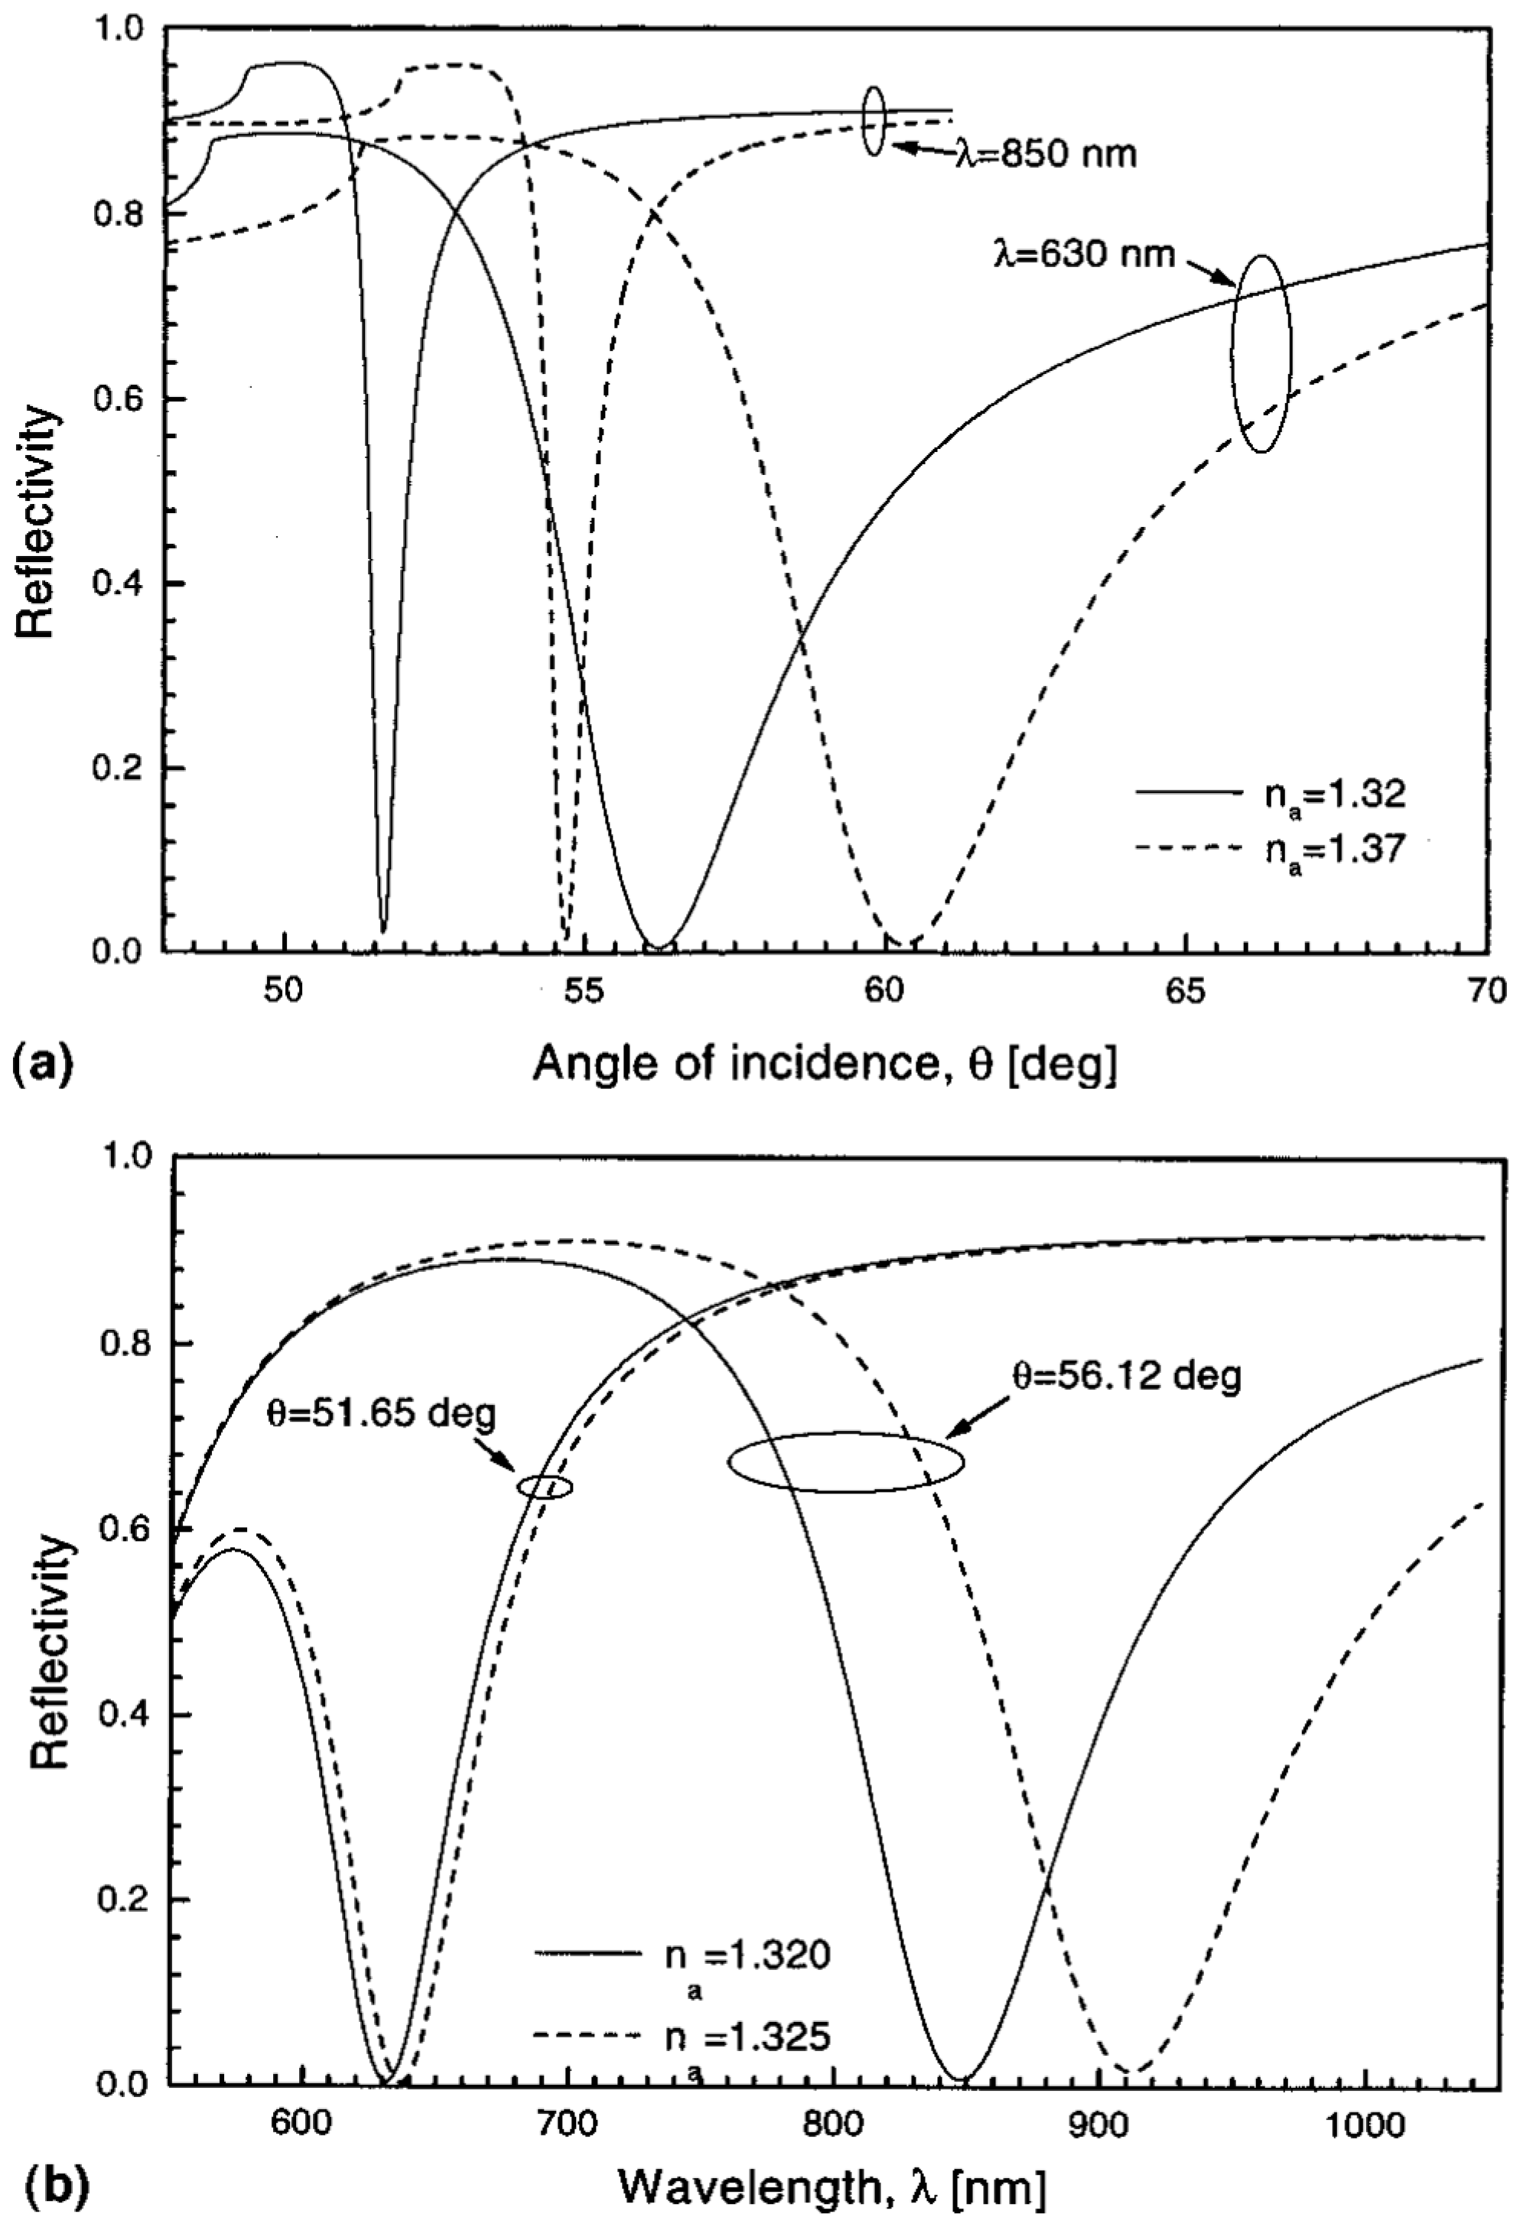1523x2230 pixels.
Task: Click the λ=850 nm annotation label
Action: (x=1045, y=154)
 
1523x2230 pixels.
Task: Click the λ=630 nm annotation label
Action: (x=1085, y=255)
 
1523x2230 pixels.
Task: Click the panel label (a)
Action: (x=41, y=1065)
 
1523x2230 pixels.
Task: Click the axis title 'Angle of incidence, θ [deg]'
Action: (x=825, y=1065)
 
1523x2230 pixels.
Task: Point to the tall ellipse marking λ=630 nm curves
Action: (x=1262, y=353)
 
